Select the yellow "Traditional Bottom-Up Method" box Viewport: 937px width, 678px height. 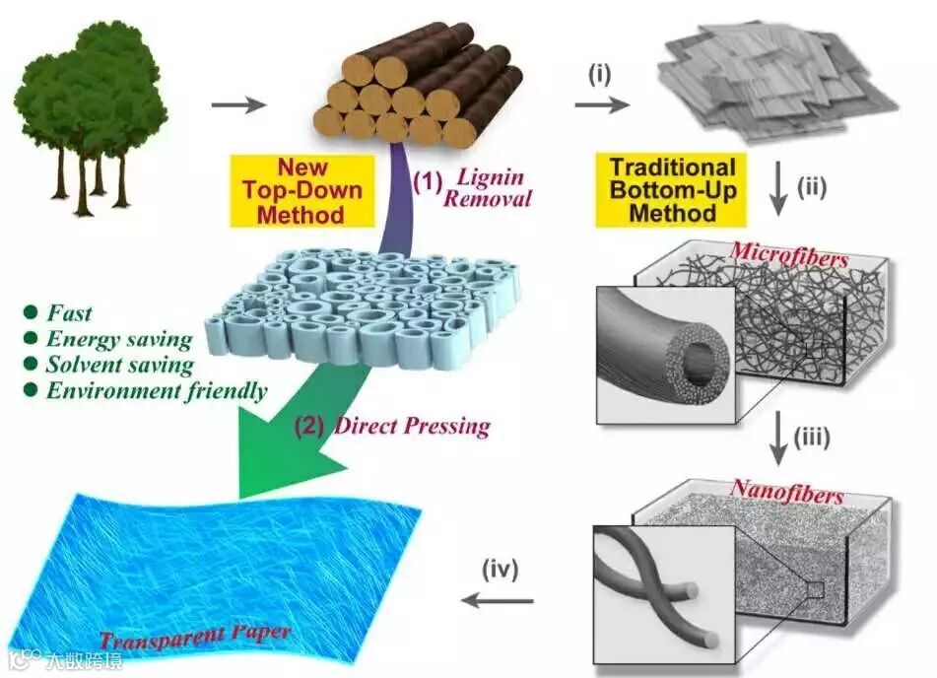(672, 190)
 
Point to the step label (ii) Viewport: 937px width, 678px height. (810, 186)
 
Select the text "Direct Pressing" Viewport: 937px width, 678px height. (413, 426)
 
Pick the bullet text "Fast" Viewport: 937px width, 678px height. (69, 313)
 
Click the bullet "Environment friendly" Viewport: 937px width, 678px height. (157, 391)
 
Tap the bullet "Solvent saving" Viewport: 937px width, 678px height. (119, 366)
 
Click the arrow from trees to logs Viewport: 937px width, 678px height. (238, 102)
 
